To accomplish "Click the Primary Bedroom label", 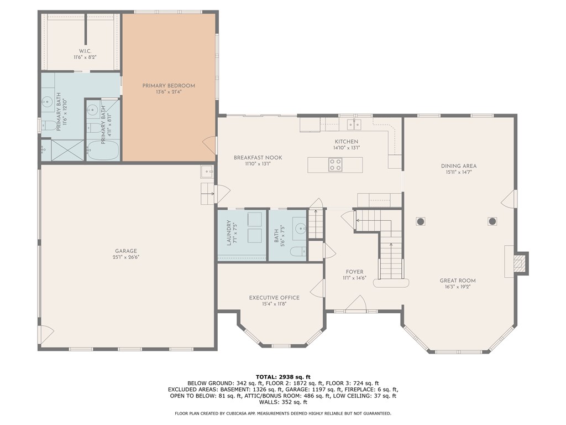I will tap(169, 85).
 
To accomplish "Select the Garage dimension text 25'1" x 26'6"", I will tap(125, 257).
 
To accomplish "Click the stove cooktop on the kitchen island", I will tap(335, 164).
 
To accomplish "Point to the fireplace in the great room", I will tap(519, 262).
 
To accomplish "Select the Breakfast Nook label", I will tap(258, 158).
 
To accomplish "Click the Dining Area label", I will tap(458, 165).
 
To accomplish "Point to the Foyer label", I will tap(354, 272).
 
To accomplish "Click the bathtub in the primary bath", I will tap(103, 151).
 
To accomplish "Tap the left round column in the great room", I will tap(420, 221).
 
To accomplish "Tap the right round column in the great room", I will tap(492, 221).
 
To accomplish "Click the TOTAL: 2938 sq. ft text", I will tap(283, 376).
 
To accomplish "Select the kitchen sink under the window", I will tap(350, 123).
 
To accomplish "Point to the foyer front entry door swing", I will tap(357, 303).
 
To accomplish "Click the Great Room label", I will tap(457, 281).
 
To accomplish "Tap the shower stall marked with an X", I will tap(67, 151).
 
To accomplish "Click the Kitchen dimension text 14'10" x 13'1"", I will tap(347, 148).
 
